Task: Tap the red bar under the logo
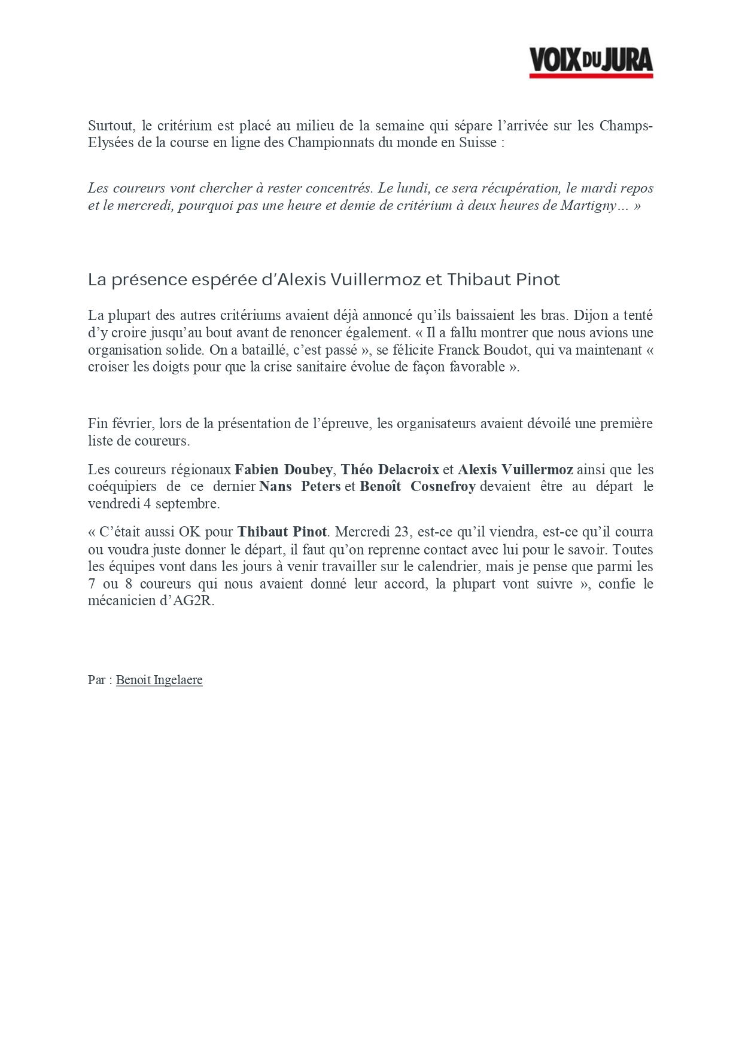pyautogui.click(x=591, y=76)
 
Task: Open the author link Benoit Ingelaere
pyautogui.click(x=159, y=680)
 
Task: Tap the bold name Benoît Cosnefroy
pyautogui.click(x=418, y=486)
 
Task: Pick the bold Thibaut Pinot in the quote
pyautogui.click(x=282, y=532)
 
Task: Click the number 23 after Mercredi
pyautogui.click(x=401, y=532)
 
